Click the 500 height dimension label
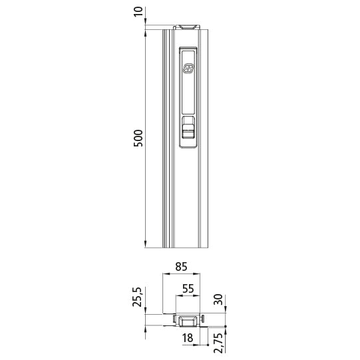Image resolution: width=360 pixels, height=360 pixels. (138, 137)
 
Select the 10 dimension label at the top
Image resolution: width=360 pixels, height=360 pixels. (138, 13)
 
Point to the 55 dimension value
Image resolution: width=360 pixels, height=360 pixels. (187, 289)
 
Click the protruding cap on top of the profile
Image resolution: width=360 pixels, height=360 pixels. (186, 27)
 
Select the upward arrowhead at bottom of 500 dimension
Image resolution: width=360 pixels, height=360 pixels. (146, 242)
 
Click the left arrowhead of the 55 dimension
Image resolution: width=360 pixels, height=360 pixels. (177, 296)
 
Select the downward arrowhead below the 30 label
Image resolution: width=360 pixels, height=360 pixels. (226, 312)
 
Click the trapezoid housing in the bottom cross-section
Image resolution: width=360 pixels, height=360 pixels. (187, 321)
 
